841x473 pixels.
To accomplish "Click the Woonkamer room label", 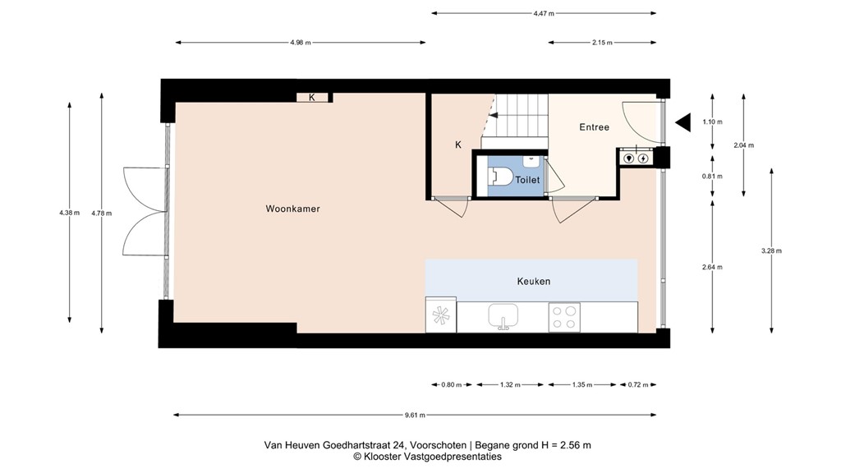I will pos(292,209).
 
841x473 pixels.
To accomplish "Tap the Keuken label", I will pos(533,281).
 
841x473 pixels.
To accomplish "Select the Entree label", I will pos(594,127).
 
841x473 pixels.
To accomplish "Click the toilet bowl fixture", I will pos(502,176).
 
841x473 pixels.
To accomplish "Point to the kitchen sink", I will pos(502,316).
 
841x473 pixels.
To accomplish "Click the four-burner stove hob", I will pos(563,317).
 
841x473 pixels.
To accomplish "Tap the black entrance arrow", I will pos(682,122).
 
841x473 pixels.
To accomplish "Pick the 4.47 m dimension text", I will pos(543,13).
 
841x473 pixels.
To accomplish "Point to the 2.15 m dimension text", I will pos(602,43).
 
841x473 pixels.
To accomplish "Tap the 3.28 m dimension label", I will pos(772,250).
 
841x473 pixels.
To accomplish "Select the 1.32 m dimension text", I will pos(510,384).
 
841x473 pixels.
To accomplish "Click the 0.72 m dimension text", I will pos(637,384).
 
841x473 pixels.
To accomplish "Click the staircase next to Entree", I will pos(520,116).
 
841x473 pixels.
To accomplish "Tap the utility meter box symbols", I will pos(636,158).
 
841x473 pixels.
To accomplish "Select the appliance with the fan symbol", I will pos(440,317).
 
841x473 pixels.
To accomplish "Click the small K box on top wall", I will pos(312,98).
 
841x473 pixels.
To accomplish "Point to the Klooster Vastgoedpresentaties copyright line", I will pos(427,457).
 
